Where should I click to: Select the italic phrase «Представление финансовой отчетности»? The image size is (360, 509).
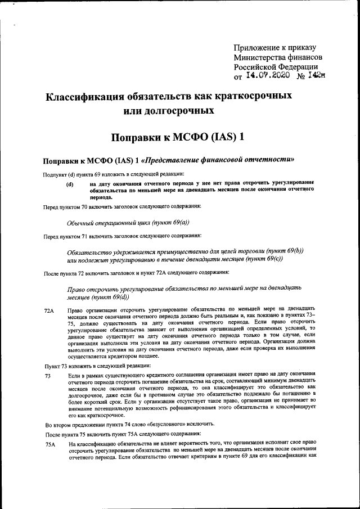221,160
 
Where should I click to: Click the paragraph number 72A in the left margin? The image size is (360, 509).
49,310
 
